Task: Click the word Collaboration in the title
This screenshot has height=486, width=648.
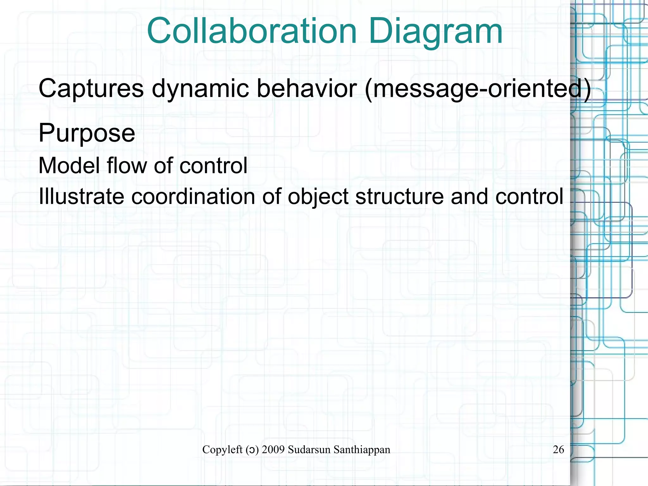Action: tap(252, 31)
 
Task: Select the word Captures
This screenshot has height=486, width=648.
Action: tap(91, 88)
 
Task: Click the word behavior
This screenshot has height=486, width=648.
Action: tap(307, 88)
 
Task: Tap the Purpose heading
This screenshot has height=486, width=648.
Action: tap(87, 133)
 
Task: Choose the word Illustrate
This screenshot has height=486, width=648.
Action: tap(81, 196)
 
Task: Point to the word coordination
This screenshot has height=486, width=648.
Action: tap(193, 196)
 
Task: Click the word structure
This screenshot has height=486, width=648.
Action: tap(400, 196)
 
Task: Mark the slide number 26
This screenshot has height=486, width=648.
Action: tap(558, 449)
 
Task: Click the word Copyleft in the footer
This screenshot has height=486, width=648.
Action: tap(222, 449)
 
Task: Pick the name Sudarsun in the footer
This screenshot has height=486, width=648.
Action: tap(309, 449)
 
